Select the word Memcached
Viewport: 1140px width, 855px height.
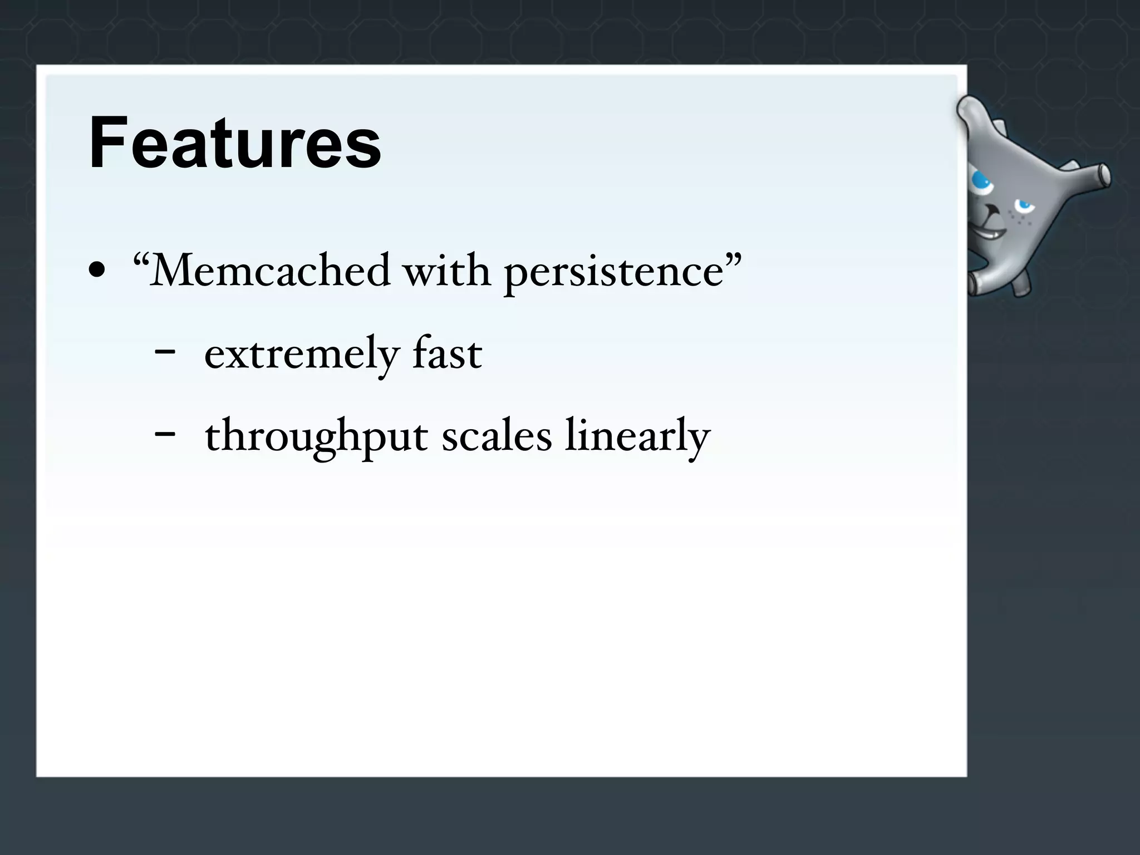click(x=269, y=271)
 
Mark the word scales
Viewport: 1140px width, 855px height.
click(x=497, y=436)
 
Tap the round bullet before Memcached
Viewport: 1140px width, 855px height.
click(x=97, y=270)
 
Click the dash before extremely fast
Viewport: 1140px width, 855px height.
click(x=165, y=352)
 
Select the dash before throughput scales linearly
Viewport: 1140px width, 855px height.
click(x=165, y=433)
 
